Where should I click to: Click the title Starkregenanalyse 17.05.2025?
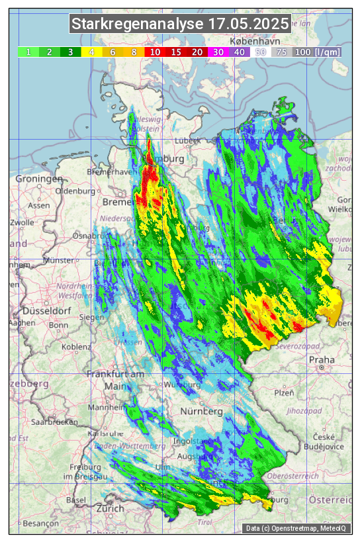click(180, 24)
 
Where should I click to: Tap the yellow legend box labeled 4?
click(92, 52)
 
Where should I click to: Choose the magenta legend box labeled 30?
click(218, 52)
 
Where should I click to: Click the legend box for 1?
click(28, 52)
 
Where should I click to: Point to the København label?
click(247, 41)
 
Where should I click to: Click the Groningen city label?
click(39, 179)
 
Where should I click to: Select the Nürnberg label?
click(201, 411)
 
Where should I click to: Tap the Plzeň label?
click(285, 392)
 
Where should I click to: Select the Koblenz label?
click(77, 345)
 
